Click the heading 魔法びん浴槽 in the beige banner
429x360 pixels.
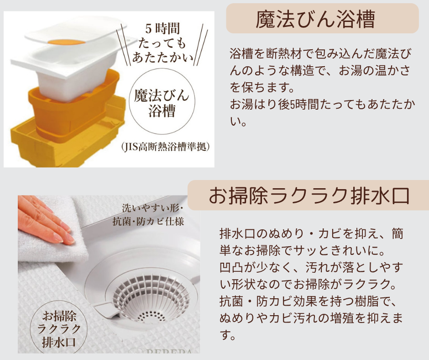(322, 19)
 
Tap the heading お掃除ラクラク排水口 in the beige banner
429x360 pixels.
(309, 196)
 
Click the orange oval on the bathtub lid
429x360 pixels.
(67, 42)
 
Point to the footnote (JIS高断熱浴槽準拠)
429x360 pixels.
(166, 147)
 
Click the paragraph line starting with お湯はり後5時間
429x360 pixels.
(322, 105)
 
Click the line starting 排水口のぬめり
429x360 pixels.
(312, 234)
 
